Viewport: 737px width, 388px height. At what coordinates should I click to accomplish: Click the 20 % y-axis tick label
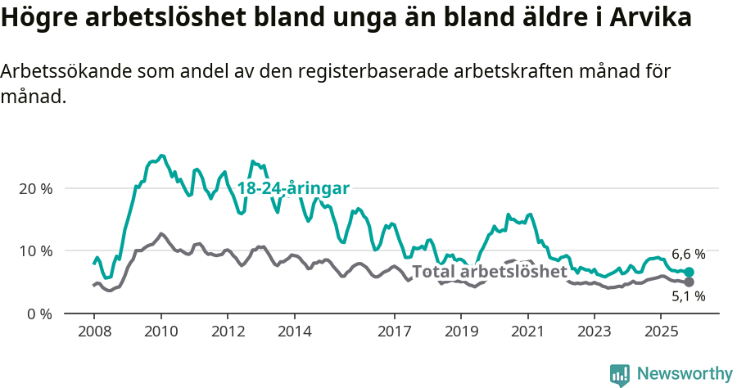(35, 188)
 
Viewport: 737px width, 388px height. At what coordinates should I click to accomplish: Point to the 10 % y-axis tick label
(35, 250)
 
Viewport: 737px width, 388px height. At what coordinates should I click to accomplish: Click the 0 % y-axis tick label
(39, 314)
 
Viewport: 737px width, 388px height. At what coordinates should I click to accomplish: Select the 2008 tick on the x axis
(93, 332)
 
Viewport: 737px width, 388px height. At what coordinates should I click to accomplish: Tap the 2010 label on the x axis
(161, 332)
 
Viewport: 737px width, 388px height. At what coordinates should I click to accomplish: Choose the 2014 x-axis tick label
(294, 332)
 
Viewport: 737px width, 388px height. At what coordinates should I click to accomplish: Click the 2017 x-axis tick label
(394, 332)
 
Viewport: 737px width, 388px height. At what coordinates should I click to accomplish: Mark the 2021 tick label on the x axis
(527, 332)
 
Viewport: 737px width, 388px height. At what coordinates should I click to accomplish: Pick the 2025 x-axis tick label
(661, 332)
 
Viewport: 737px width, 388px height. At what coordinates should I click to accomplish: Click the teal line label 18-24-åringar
(293, 188)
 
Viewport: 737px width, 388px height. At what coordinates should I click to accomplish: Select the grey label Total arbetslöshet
(489, 272)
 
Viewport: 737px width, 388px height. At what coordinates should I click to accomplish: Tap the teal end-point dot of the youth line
(689, 272)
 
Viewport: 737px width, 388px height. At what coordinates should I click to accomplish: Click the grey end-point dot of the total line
(689, 282)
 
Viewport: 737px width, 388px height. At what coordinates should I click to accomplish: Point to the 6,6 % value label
(688, 255)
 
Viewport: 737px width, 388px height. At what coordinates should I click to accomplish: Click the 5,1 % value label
(688, 297)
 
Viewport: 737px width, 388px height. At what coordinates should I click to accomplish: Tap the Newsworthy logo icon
(620, 375)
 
